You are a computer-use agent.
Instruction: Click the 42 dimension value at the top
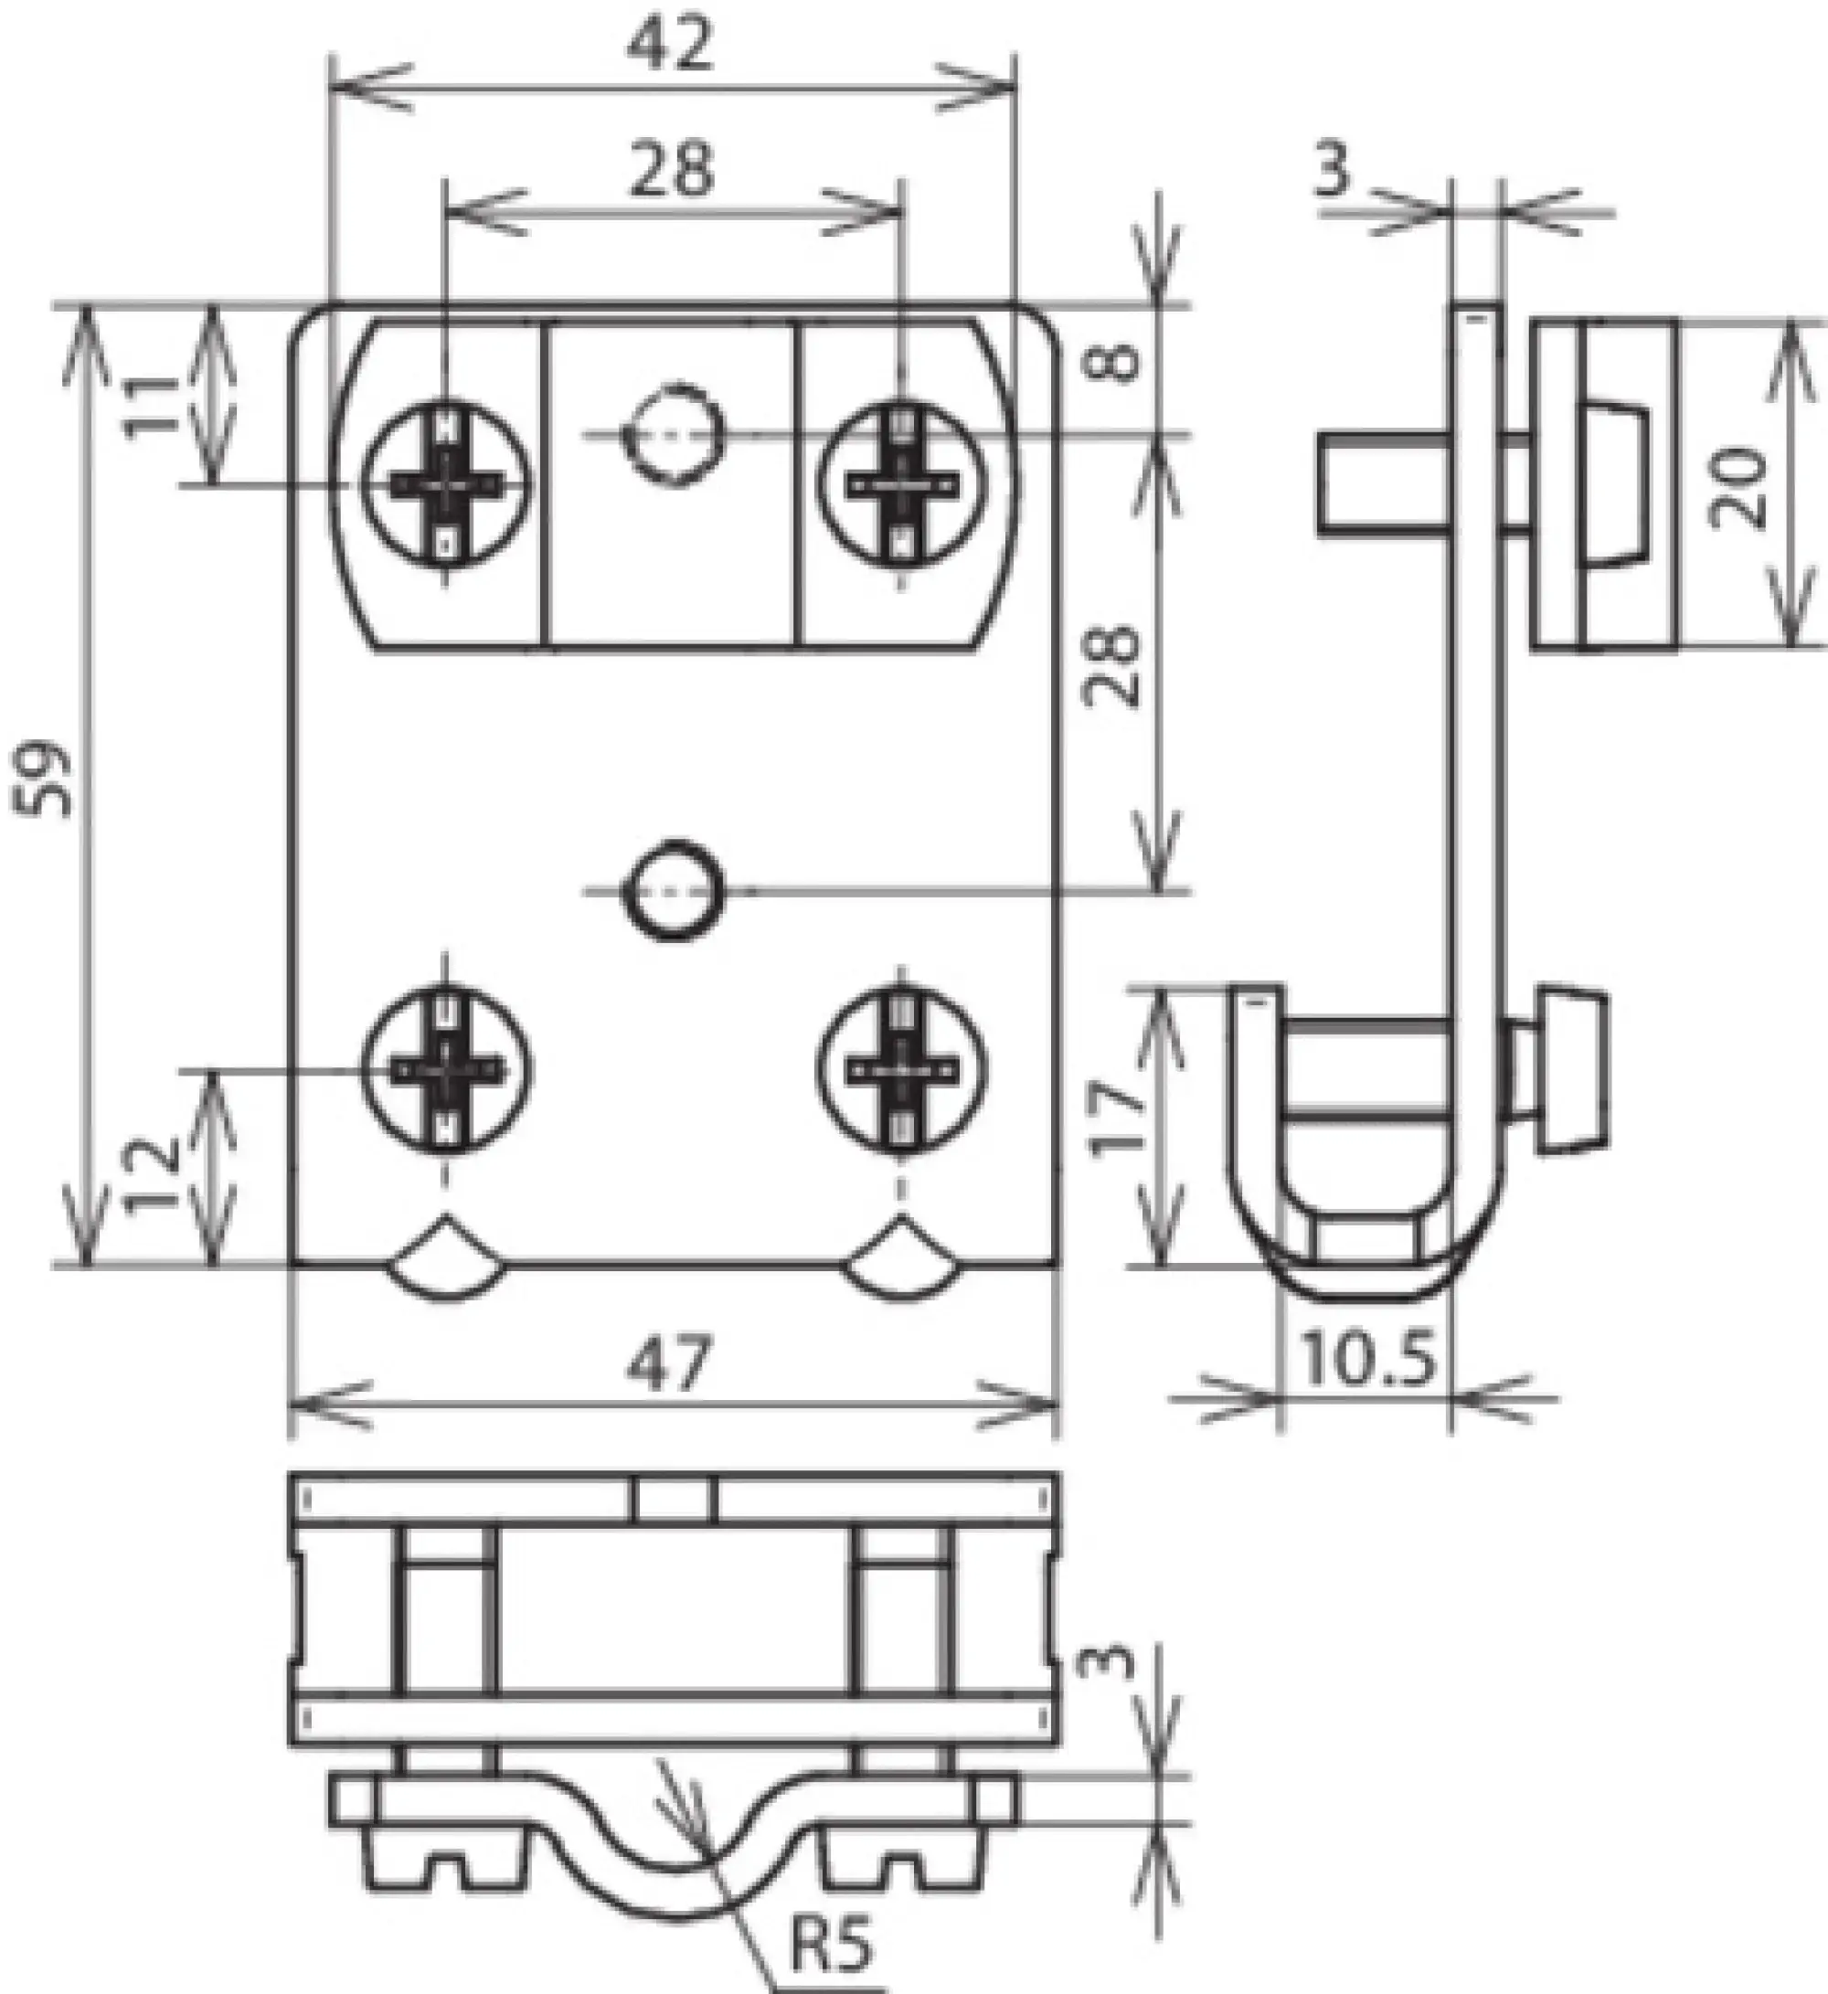pyautogui.click(x=671, y=46)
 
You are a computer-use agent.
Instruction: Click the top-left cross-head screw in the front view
pyautogui.click(x=446, y=484)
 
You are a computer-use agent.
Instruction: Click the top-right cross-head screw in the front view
pyautogui.click(x=901, y=484)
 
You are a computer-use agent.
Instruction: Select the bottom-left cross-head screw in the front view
pyautogui.click(x=446, y=1068)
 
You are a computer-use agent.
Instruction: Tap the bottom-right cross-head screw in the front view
pyautogui.click(x=901, y=1068)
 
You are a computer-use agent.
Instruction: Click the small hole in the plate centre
pyautogui.click(x=673, y=891)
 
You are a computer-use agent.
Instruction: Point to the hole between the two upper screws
pyautogui.click(x=673, y=433)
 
